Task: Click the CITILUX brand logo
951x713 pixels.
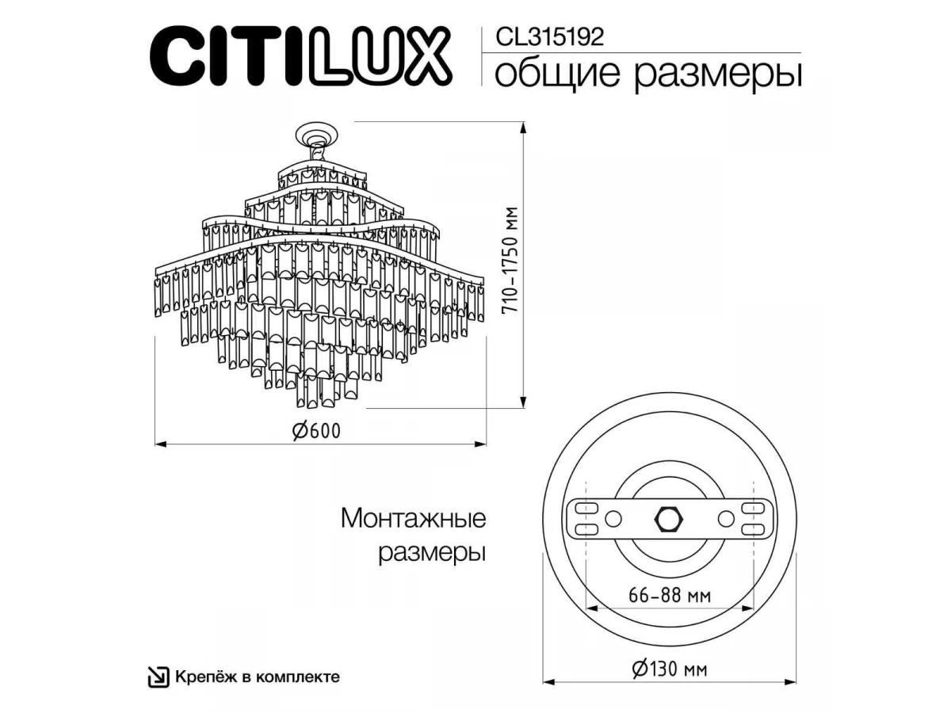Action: (x=301, y=56)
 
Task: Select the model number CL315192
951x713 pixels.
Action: (x=549, y=37)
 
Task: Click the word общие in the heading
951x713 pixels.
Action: (x=559, y=74)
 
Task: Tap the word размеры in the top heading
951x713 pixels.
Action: (x=718, y=76)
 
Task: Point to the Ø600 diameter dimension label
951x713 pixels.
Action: (x=317, y=430)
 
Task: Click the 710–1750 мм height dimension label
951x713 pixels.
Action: (x=510, y=260)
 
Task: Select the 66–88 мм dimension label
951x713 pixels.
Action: (x=670, y=596)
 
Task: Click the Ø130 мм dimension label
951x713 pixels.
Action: (x=670, y=669)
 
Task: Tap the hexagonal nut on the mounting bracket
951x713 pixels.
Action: (x=670, y=519)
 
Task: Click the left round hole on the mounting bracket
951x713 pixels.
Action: (x=613, y=519)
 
